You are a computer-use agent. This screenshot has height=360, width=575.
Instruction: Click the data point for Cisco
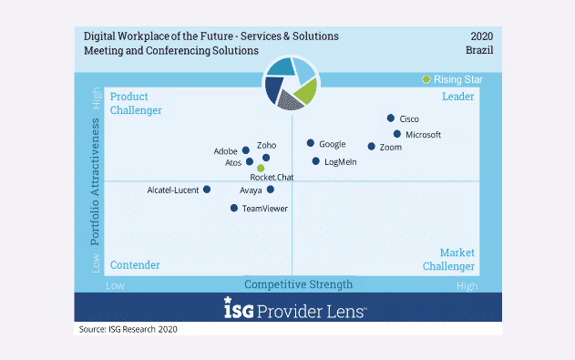(x=391, y=118)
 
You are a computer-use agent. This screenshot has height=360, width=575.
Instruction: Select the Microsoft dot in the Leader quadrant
(x=397, y=134)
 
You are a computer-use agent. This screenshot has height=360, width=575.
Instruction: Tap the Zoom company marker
(x=372, y=147)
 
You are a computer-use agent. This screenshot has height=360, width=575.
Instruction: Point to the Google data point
(x=311, y=143)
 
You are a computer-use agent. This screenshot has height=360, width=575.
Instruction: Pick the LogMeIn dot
(x=316, y=161)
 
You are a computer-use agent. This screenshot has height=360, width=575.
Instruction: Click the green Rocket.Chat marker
(x=261, y=168)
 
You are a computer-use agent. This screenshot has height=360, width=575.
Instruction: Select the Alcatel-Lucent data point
(x=207, y=190)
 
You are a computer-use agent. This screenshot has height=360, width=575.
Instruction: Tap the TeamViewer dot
(x=234, y=208)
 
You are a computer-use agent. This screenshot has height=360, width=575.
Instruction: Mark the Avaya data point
(x=271, y=190)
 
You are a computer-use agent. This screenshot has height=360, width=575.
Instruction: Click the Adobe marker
(x=246, y=150)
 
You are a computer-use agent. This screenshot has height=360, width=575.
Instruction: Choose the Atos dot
(x=250, y=162)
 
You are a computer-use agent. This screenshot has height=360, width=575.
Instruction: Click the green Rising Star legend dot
(x=426, y=79)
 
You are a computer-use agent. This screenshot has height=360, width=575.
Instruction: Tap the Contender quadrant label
(x=135, y=265)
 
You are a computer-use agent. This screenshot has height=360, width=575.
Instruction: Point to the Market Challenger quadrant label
(x=448, y=260)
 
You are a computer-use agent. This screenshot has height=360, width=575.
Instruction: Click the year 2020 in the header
(x=481, y=36)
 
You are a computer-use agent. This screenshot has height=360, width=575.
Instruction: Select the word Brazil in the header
(x=479, y=50)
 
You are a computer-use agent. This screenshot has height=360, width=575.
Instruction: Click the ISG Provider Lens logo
(x=294, y=310)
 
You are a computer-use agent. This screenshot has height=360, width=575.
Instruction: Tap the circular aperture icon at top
(x=291, y=84)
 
